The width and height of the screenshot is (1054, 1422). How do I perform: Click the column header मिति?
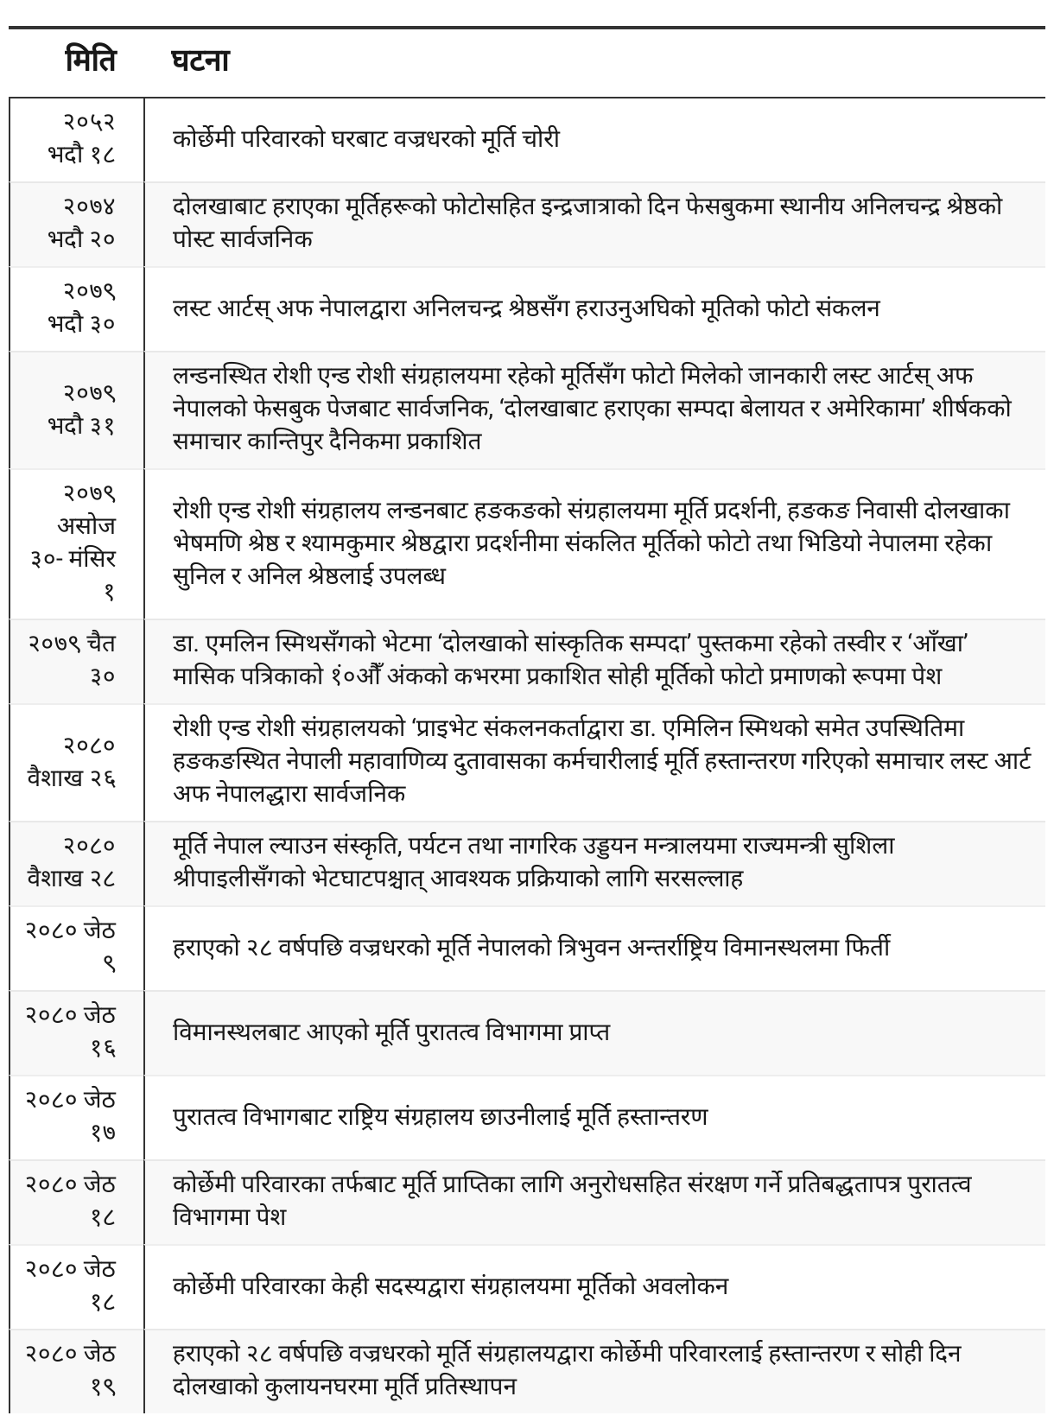click(90, 62)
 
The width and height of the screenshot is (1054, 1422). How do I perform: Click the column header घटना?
click(200, 62)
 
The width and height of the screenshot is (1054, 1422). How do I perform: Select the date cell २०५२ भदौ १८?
click(82, 139)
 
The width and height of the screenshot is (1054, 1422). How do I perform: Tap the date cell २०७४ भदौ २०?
click(82, 223)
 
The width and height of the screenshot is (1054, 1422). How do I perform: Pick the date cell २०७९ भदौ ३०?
click(82, 308)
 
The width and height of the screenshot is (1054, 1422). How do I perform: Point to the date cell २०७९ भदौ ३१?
click(82, 409)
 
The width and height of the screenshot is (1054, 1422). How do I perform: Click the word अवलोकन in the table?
click(685, 1286)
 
